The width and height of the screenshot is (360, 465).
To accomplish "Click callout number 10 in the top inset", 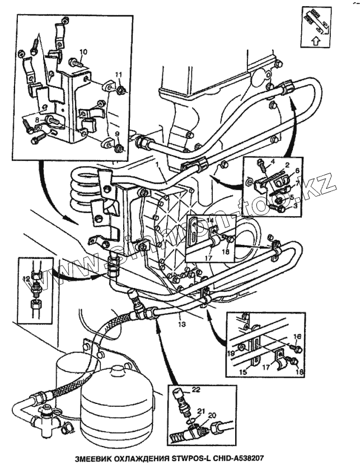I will pos(83,52).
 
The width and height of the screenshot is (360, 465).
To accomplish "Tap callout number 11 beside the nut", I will pos(119,75).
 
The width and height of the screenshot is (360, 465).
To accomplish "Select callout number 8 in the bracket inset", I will pos(36,119).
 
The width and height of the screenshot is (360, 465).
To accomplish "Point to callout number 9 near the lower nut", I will pos(118,133).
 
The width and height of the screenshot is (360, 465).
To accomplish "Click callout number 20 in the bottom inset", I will pos(212,415).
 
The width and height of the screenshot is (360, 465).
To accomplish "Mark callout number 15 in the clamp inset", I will pos(244,371).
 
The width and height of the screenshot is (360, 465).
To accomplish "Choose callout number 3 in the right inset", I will pos(295,206).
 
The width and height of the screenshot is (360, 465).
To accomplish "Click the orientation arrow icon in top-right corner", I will pos(316,25).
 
